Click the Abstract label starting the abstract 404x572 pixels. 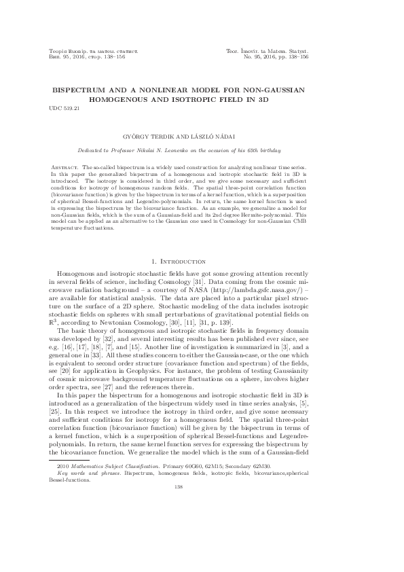click(x=66, y=166)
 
